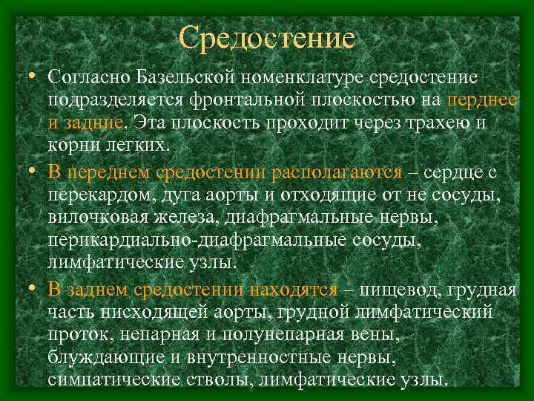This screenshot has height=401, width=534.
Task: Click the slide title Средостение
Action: [267, 36]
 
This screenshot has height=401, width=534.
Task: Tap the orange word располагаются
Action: [336, 172]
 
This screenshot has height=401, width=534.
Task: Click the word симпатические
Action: [111, 379]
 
